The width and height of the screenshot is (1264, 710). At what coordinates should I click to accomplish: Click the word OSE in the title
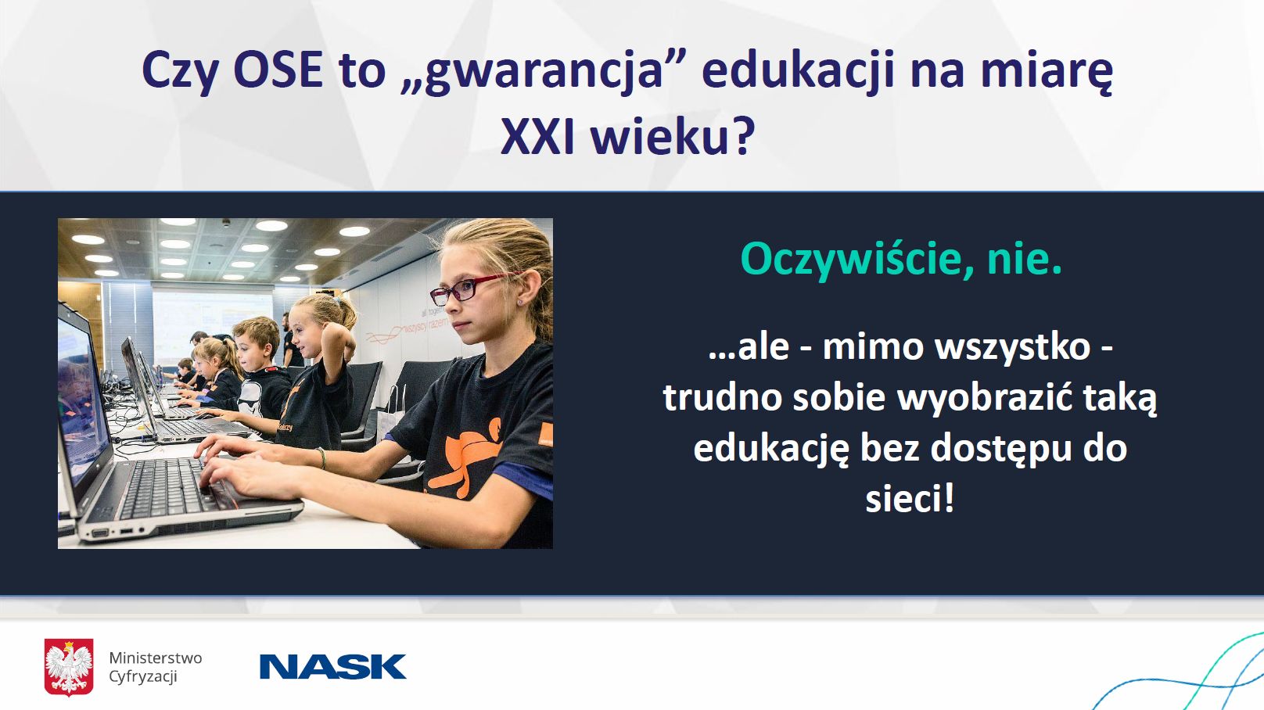[x=278, y=70]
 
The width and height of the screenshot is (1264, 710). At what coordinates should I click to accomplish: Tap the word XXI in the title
[x=537, y=137]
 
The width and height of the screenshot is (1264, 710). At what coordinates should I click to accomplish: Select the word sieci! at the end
[x=910, y=498]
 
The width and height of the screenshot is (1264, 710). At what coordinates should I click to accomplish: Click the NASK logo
[x=333, y=666]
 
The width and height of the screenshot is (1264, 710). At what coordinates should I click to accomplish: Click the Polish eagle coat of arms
[x=69, y=666]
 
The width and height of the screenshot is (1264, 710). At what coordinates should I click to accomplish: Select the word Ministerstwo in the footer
[x=155, y=658]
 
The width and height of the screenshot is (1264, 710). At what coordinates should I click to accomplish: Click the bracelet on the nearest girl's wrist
[x=322, y=458]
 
